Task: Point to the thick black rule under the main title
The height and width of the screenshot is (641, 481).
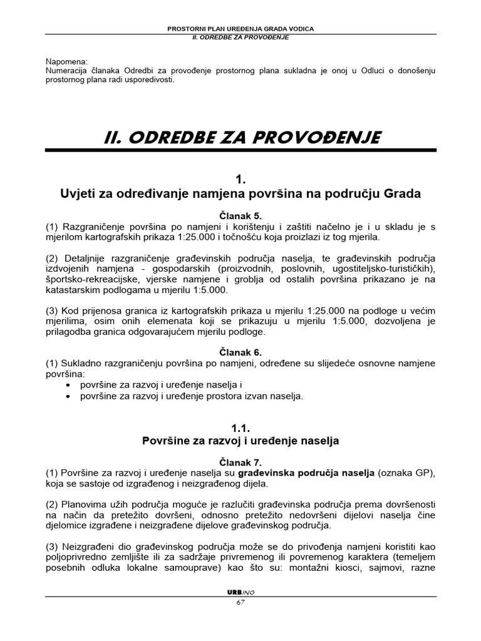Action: (x=240, y=150)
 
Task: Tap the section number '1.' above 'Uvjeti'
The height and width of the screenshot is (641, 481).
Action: (x=240, y=180)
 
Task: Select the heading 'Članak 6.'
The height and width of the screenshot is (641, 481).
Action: (x=240, y=352)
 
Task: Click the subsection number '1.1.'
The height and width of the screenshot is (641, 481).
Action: (x=240, y=428)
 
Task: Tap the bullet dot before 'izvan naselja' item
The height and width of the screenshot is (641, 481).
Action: (x=68, y=396)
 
